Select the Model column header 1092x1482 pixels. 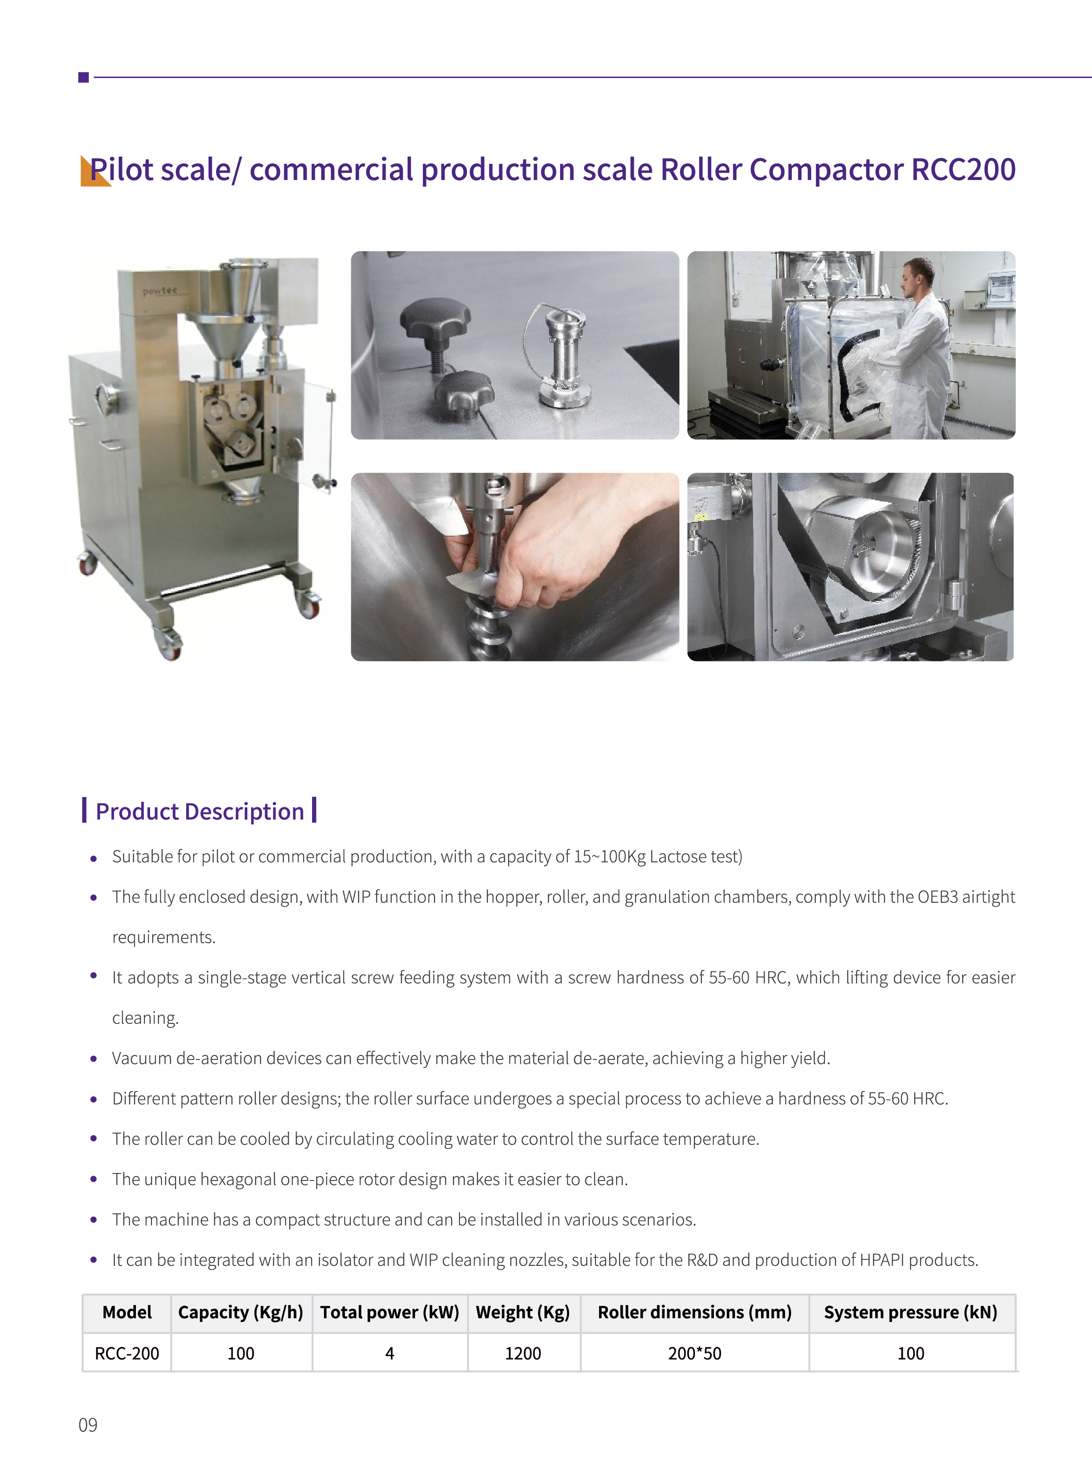coord(127,1312)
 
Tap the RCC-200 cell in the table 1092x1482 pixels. coord(127,1353)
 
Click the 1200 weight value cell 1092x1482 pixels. coord(523,1353)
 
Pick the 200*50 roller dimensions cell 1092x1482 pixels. coord(695,1353)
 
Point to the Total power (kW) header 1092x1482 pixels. coord(390,1312)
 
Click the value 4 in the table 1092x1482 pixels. coord(390,1353)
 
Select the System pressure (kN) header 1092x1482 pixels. coord(911,1312)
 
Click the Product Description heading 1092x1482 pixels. coord(200,811)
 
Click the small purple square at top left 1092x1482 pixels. coord(83,77)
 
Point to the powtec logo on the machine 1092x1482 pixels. coord(160,291)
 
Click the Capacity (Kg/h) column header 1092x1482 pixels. coord(241,1312)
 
